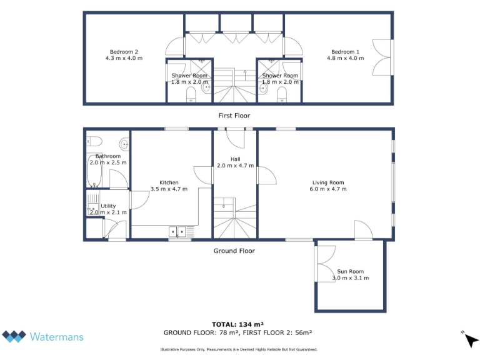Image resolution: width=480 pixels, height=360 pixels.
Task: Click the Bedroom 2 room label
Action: tap(124, 52)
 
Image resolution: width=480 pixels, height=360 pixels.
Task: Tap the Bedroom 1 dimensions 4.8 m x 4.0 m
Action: tap(347, 58)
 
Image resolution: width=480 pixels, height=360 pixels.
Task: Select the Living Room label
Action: tap(329, 182)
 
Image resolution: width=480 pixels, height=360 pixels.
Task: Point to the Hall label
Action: tap(236, 159)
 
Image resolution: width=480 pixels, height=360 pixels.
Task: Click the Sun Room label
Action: tap(351, 271)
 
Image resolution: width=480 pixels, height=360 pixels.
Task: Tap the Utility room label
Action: tap(108, 206)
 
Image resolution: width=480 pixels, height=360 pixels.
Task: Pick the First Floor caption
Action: tap(234, 116)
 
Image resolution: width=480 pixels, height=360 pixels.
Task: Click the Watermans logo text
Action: tap(56, 337)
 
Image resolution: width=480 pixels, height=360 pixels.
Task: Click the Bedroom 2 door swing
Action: tap(175, 47)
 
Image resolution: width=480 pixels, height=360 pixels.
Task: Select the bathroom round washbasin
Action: tap(124, 144)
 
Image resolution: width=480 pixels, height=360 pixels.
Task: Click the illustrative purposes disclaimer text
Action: tap(239, 349)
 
